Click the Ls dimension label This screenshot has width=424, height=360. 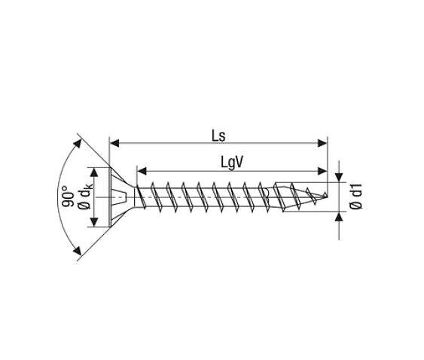[x=218, y=136]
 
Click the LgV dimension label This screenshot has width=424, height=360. [x=232, y=163]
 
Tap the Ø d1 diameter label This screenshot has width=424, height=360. [x=356, y=196]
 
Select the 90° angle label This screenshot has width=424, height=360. [x=68, y=196]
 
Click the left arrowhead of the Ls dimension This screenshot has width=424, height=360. [x=114, y=143]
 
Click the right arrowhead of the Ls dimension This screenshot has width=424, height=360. [x=322, y=143]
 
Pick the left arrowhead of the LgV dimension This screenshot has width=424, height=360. [x=142, y=171]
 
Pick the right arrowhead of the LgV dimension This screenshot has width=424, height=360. [x=322, y=171]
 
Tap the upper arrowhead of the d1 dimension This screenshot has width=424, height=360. [x=339, y=178]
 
